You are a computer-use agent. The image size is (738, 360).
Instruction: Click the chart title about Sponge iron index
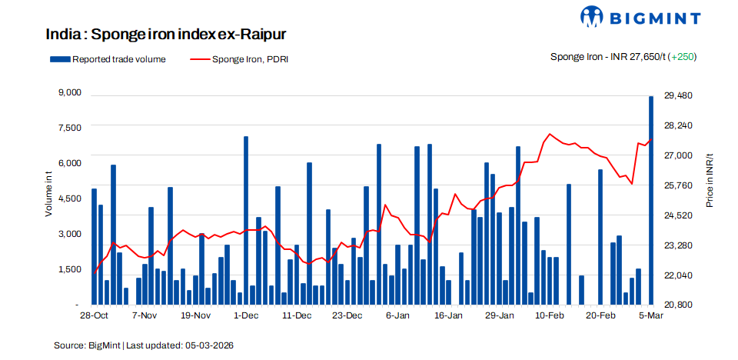[166, 35]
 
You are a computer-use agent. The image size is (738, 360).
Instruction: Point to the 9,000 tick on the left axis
[69, 92]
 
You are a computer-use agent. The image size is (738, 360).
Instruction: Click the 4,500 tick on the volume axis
[69, 198]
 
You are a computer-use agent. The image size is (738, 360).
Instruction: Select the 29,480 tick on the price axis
[678, 95]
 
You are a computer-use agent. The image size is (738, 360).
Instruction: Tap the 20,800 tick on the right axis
[678, 305]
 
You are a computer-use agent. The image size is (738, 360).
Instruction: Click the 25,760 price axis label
[678, 185]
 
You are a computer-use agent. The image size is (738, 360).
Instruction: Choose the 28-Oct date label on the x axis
[95, 316]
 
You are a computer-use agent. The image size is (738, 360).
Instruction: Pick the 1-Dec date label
[246, 316]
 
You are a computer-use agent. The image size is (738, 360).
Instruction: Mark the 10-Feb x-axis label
[550, 316]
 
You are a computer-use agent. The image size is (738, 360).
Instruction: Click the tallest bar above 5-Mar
[651, 200]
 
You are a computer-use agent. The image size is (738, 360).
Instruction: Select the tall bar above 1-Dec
[246, 220]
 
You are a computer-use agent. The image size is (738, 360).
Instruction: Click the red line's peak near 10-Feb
[550, 135]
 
